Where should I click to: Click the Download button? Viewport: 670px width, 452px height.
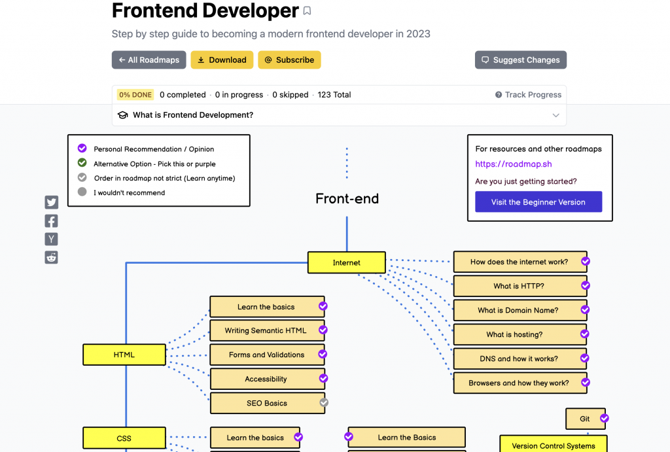pos(222,60)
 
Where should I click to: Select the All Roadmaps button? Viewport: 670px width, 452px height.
pos(149,60)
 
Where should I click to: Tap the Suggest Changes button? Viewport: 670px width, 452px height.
pos(520,60)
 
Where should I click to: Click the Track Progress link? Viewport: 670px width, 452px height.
pos(528,95)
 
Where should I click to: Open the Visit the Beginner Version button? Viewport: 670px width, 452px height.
pos(538,202)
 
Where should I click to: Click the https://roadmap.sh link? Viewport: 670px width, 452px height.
pos(513,164)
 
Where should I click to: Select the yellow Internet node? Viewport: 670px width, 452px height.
pos(347,263)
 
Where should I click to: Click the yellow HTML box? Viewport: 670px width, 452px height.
pos(124,355)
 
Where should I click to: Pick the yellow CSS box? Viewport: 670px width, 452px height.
pos(124,438)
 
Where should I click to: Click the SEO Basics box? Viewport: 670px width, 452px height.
pos(268,403)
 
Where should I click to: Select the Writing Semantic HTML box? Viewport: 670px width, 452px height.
pos(267,330)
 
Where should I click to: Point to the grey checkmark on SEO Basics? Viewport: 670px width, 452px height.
pos(325,402)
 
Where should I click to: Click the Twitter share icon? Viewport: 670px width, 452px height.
pos(51,202)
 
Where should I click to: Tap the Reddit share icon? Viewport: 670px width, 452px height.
pos(51,257)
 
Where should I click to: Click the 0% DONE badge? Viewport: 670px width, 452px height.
pos(135,95)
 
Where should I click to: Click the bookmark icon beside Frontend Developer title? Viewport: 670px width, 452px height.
pos(307,10)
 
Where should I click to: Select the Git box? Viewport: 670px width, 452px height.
pos(586,419)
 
